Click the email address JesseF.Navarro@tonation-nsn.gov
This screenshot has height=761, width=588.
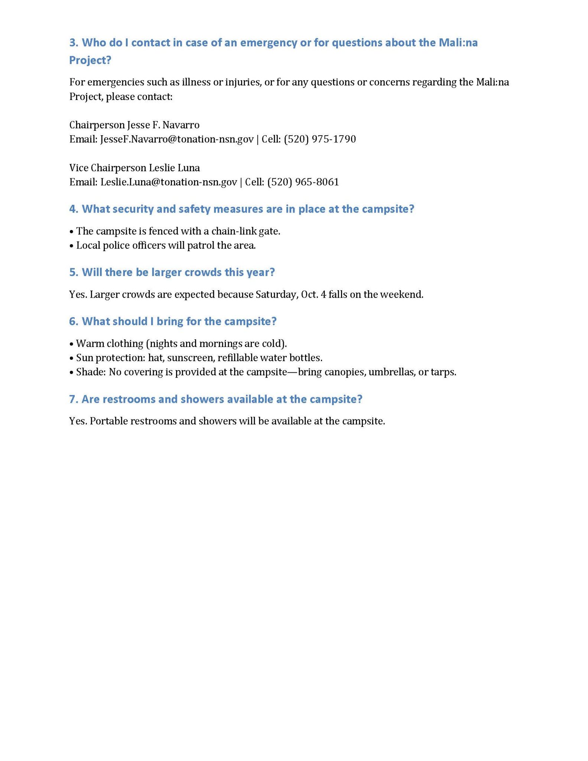pos(177,139)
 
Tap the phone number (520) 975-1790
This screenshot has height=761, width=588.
pos(320,139)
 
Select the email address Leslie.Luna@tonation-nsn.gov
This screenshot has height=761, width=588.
pos(169,182)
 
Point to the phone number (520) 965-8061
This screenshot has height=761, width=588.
pos(303,182)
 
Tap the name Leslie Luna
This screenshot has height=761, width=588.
pos(174,168)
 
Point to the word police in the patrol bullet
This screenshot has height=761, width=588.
pos(114,246)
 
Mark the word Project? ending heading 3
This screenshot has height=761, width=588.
pos(90,61)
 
